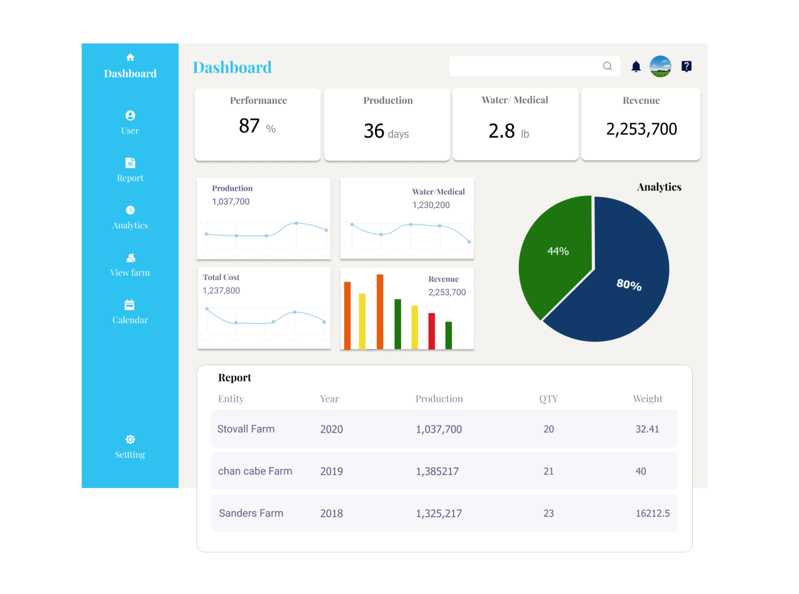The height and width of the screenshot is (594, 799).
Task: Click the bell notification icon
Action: [x=636, y=66]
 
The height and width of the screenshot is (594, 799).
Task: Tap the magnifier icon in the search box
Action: [x=607, y=66]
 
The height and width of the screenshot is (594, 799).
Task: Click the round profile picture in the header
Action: [x=660, y=66]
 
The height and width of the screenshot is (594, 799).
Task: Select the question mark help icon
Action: [x=687, y=66]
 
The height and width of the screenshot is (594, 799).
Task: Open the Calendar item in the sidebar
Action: [x=130, y=312]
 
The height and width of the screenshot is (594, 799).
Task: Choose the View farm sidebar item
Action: [x=130, y=265]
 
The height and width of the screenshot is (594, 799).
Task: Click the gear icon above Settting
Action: [x=130, y=439]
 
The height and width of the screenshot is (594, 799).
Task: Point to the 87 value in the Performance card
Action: [x=249, y=126]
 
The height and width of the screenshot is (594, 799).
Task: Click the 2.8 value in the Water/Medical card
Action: [x=501, y=131]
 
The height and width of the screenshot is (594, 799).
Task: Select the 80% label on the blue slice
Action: [x=629, y=285]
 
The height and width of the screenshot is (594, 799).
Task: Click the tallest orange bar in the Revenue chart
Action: [x=380, y=312]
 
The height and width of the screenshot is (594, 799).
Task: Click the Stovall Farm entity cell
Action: [x=246, y=429]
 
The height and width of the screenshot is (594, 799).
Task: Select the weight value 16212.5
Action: [x=652, y=514]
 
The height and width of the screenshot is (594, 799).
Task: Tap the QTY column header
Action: [x=548, y=399]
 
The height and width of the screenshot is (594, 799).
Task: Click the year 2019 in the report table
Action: [x=332, y=472]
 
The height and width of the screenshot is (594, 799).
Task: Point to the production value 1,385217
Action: [x=437, y=472]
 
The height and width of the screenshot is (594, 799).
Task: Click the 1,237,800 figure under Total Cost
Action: [x=221, y=291]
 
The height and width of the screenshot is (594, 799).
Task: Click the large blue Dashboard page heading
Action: [x=232, y=67]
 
